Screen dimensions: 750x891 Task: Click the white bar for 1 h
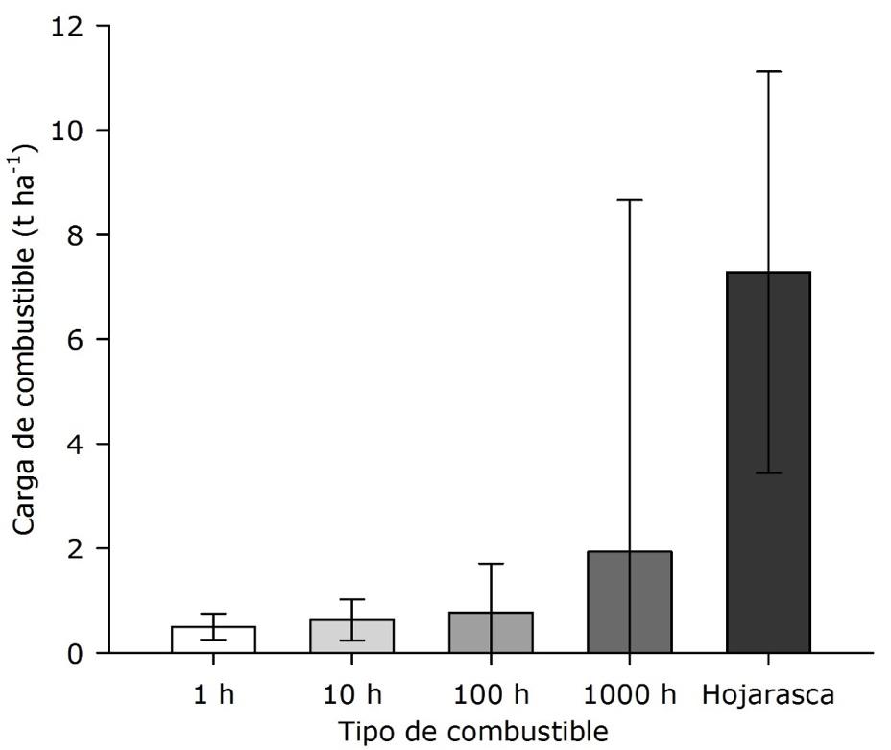point(213,641)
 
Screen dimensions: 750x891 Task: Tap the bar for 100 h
point(491,633)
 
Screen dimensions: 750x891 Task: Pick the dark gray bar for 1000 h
point(629,603)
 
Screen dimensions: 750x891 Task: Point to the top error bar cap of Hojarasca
point(768,71)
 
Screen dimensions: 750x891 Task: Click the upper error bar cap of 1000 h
point(629,200)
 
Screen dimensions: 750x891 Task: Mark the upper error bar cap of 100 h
point(491,564)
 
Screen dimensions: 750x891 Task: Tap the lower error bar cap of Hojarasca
point(768,473)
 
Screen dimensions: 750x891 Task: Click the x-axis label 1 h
point(213,694)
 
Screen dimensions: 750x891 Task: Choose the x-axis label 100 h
point(491,694)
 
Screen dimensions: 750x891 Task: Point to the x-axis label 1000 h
point(629,694)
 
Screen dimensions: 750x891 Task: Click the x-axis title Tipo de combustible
point(472,732)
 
